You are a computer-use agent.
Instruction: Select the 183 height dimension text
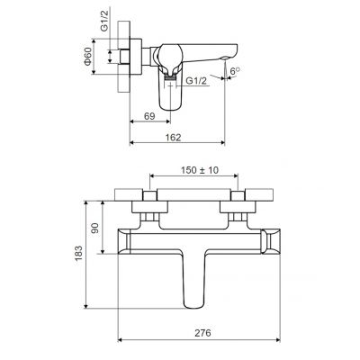(x=78, y=253)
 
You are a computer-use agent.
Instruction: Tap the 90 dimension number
(x=94, y=228)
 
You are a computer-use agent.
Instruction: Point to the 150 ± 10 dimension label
(x=200, y=170)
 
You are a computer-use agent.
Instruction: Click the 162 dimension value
(x=173, y=138)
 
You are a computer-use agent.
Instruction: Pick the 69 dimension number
(x=149, y=116)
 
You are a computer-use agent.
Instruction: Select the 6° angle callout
(x=235, y=71)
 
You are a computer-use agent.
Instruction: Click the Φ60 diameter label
(x=87, y=57)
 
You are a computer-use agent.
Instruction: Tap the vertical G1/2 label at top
(x=103, y=22)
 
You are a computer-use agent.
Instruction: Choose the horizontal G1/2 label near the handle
(x=196, y=81)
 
